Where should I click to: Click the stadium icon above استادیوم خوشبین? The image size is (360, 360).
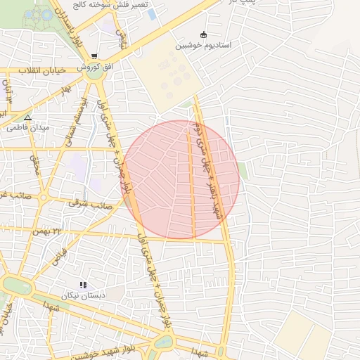point(204,34)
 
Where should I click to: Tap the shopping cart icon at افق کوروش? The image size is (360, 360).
point(94,56)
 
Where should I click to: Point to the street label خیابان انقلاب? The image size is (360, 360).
point(44,70)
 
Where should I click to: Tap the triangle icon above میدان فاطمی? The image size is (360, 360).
point(27,117)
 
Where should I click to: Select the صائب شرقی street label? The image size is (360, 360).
point(91,205)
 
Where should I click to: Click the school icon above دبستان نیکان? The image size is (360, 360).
point(83,285)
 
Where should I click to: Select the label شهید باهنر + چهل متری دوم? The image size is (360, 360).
point(210,176)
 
